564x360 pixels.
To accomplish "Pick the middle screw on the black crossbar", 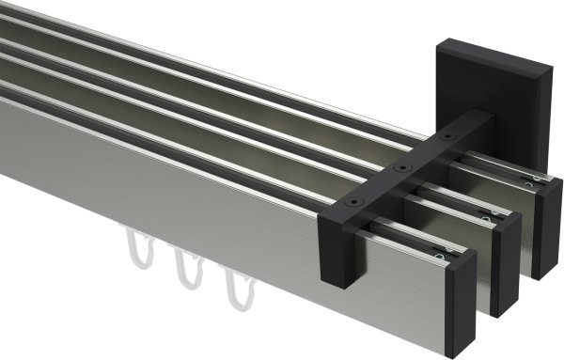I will coord(402,169).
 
